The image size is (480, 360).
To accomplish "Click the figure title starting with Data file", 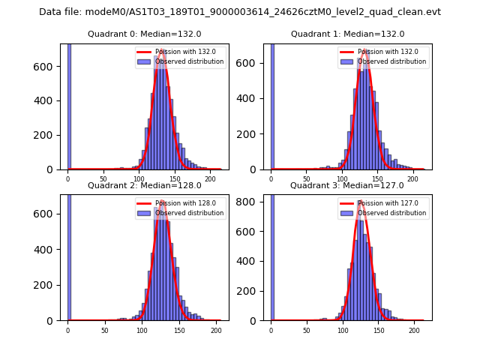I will pyautogui.click(x=240, y=12).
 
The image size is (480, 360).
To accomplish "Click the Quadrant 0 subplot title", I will pyautogui.click(x=144, y=34).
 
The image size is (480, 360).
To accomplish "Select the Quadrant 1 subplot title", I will pyautogui.click(x=347, y=34).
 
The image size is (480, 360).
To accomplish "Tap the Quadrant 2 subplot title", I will pyautogui.click(x=144, y=185).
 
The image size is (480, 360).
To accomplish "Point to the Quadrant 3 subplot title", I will pyautogui.click(x=347, y=185).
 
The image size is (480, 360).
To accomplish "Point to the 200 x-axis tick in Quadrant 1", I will pyautogui.click(x=412, y=178).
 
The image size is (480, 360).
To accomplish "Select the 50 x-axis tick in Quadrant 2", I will pyautogui.click(x=105, y=329).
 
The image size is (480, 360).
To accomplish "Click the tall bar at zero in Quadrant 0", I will pyautogui.click(x=68, y=105).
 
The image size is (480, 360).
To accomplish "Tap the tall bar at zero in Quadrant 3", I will pyautogui.click(x=271, y=255).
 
